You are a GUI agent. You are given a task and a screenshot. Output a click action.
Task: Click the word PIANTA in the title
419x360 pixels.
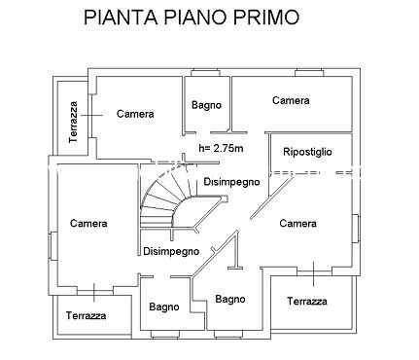(121, 17)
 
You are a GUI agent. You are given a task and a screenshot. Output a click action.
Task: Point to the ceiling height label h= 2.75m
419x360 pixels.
(221, 148)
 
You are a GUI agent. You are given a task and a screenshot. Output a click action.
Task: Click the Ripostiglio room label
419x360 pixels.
(307, 152)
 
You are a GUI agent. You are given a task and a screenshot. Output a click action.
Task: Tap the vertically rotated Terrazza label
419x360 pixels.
(74, 122)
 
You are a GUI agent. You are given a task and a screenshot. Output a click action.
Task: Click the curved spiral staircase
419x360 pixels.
(168, 198)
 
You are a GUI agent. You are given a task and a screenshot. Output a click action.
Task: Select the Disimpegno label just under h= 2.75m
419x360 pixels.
(231, 182)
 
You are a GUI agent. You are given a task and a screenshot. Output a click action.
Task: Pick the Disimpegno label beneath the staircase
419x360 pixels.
(171, 251)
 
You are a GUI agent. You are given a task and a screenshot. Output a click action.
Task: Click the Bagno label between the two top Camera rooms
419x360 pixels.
(206, 105)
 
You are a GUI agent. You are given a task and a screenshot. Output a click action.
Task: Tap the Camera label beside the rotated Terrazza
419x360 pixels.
(135, 114)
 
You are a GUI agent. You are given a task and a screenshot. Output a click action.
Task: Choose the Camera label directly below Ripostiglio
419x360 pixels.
(297, 223)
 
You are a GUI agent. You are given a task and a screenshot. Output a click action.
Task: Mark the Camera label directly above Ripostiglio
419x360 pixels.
(291, 100)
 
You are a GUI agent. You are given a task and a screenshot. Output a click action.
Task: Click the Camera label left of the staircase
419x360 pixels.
(88, 223)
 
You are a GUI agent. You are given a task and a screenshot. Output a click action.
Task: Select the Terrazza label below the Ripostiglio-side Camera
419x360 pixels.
(307, 302)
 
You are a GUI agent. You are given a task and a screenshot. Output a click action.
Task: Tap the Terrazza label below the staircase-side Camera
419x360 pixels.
(86, 315)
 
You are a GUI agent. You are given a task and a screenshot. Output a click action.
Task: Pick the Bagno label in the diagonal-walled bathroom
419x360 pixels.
(230, 299)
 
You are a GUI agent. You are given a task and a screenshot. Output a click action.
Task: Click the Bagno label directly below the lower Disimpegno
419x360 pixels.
(164, 306)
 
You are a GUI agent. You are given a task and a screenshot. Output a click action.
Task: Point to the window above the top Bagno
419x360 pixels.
(205, 73)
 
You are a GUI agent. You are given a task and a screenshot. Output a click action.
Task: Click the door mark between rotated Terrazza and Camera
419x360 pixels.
(91, 115)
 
